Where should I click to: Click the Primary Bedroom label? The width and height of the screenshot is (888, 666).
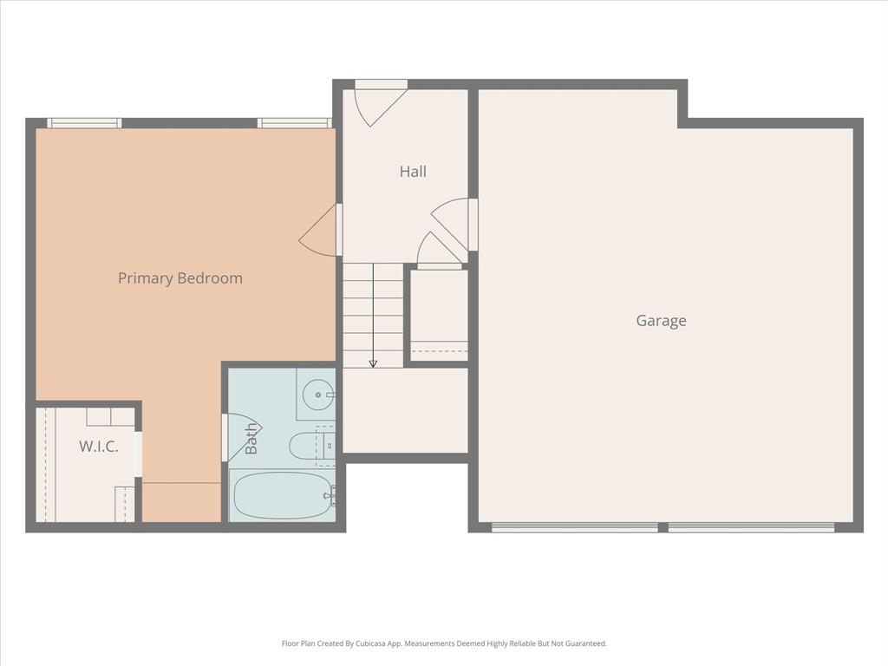pos(180,278)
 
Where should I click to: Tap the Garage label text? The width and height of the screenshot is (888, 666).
pos(661,321)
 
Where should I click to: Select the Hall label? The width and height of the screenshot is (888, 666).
pos(413,172)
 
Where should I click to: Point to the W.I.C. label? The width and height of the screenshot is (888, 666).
pos(98,447)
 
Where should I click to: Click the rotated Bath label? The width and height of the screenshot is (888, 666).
pos(251,438)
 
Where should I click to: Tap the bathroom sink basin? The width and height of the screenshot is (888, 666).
pos(317,395)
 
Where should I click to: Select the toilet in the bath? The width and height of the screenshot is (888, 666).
pos(307,446)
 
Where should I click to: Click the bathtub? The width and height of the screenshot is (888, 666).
pos(283,495)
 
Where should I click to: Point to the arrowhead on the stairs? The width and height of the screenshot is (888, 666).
pos(373,363)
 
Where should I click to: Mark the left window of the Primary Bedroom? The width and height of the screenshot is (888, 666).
pos(83,123)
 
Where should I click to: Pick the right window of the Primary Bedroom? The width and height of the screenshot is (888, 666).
pos(295,123)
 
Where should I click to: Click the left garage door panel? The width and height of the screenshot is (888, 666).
pos(574,526)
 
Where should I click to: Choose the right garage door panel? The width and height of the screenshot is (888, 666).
pos(751,526)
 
